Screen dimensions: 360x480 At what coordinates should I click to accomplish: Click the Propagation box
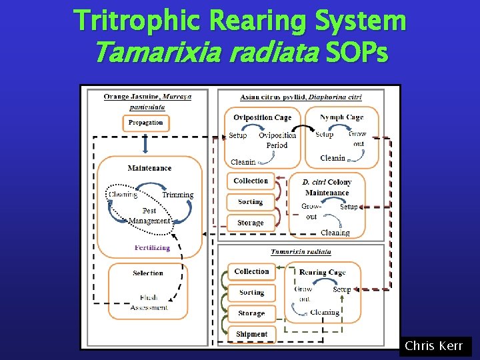pos(145,123)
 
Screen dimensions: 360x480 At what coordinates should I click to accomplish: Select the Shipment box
pos(251,334)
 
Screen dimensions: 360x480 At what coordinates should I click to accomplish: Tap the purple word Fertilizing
pos(152,247)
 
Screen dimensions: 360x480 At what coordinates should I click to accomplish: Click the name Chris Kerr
pos(434,347)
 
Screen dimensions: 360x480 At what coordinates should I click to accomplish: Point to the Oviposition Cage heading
pos(262,118)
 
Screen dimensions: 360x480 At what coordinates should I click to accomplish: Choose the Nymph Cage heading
pos(341,118)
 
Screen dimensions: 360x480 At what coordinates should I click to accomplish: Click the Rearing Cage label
pos(322,272)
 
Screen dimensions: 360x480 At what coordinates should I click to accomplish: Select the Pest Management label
pos(149,216)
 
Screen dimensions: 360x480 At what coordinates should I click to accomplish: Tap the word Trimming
pos(177,195)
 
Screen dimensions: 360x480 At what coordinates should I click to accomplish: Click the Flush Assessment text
pos(149,302)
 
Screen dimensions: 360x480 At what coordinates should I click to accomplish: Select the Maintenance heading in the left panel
pos(149,168)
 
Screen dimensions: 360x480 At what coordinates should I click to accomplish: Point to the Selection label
pos(148,273)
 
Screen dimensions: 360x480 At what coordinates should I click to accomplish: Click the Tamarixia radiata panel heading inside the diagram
pos(300,252)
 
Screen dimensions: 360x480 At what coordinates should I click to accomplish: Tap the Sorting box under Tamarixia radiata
pos(251,293)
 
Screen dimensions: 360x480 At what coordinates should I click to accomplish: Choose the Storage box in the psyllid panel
pos(250,223)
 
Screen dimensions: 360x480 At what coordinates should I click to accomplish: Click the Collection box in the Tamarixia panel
pos(251,272)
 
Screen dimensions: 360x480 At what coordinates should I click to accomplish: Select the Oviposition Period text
pos(277,140)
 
